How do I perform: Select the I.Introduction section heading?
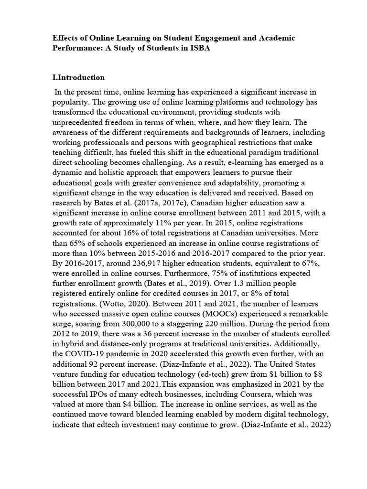click(78, 77)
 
